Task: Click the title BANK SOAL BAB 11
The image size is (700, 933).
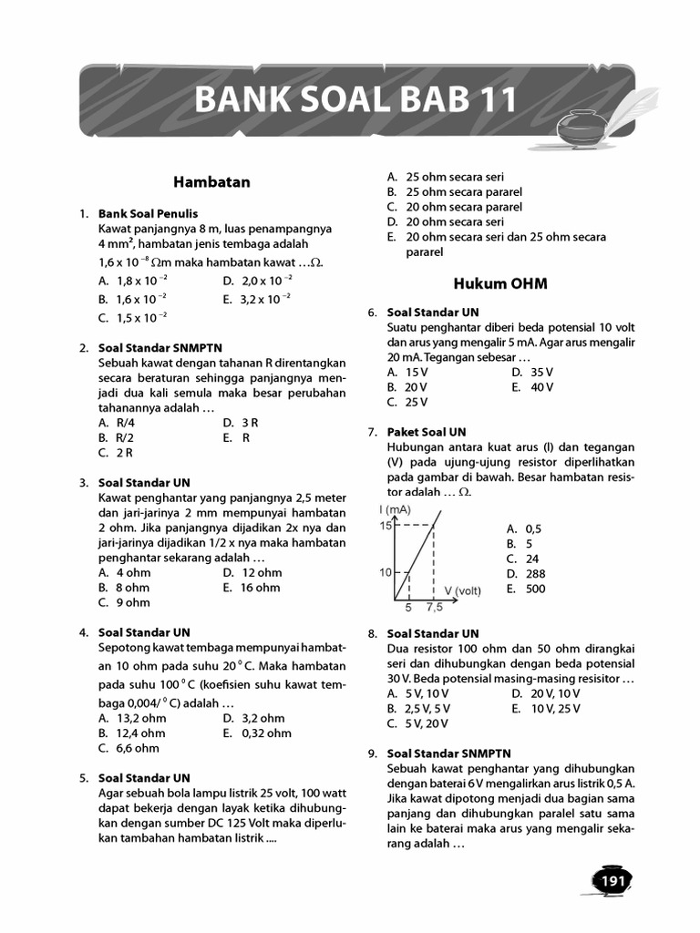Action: [x=356, y=100]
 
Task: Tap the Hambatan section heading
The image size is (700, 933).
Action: [x=211, y=182]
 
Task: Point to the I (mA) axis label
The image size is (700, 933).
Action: [x=396, y=509]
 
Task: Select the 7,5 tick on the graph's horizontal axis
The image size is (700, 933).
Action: [x=434, y=607]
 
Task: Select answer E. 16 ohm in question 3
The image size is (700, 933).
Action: [x=251, y=588]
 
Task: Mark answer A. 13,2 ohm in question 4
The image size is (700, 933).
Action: [x=131, y=718]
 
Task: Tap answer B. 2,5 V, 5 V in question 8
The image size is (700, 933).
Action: [x=417, y=708]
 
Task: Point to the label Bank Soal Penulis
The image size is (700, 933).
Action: [x=148, y=213]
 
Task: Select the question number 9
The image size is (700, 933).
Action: [x=373, y=754]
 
